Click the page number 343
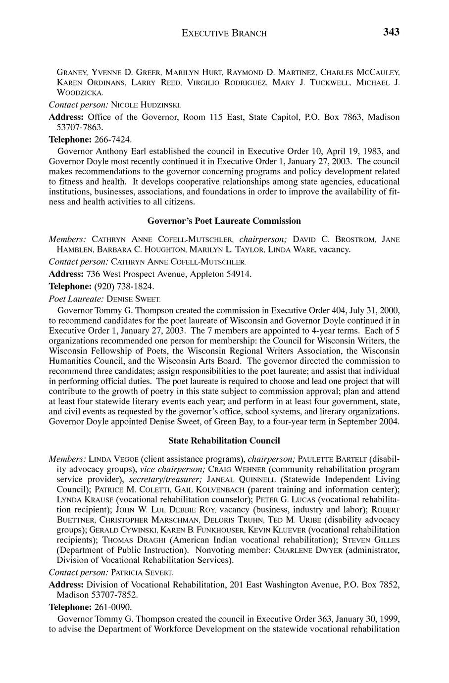click(x=391, y=33)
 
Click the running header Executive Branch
click(x=224, y=34)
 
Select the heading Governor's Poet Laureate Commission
click(x=224, y=221)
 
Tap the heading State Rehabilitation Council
click(x=224, y=440)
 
